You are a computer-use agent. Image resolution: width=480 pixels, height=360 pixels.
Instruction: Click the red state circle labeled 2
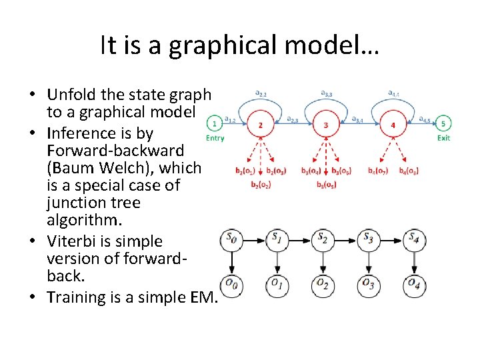point(260,125)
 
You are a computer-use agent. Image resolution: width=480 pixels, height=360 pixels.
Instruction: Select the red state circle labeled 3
point(325,125)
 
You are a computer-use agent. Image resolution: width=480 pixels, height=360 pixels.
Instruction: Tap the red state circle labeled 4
point(393,125)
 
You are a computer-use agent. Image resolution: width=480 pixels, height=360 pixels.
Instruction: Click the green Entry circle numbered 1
point(214,123)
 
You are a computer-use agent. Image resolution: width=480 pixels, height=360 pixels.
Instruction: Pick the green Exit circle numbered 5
point(443,123)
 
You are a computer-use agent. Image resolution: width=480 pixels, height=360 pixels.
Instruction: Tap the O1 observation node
point(277,285)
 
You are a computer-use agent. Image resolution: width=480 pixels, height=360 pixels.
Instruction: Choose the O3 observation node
point(368,285)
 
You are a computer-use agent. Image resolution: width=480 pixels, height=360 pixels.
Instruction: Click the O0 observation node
point(231,285)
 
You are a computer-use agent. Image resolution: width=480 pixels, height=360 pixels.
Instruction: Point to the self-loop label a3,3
point(327,93)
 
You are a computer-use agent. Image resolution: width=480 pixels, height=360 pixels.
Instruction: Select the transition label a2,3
point(293,119)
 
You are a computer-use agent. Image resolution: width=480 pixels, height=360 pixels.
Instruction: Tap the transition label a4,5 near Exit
point(424,119)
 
